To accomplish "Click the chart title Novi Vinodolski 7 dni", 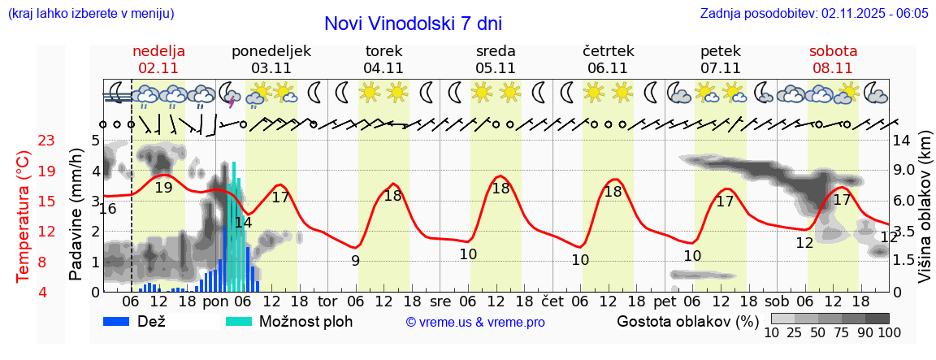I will (x=413, y=24).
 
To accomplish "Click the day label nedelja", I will (x=158, y=51).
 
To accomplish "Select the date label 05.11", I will (x=496, y=68).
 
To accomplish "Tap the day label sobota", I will (x=833, y=51).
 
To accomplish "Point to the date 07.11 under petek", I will (x=720, y=68).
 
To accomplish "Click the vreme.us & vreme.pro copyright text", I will (x=475, y=323).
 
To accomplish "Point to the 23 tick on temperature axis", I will (x=47, y=141).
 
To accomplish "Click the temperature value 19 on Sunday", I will (x=163, y=188).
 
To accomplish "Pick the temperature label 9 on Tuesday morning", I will (x=355, y=261).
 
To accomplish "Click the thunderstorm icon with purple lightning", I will (x=229, y=93).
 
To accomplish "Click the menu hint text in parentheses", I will (x=90, y=14).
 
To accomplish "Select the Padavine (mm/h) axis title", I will (x=76, y=215).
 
